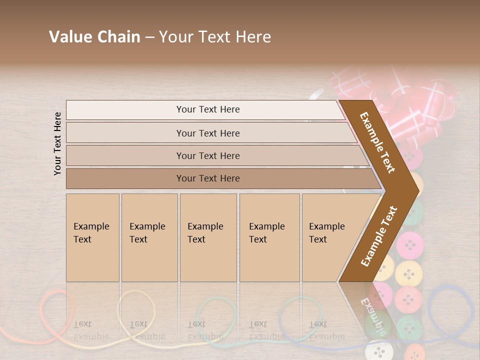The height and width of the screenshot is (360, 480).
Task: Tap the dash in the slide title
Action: [149, 37]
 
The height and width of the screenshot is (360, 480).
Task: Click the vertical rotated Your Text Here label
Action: [57, 143]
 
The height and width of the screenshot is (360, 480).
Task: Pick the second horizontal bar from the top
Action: [207, 133]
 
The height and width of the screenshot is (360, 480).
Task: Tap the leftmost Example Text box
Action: [92, 237]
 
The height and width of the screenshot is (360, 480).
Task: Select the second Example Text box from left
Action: [149, 237]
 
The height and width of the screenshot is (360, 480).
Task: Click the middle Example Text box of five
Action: [208, 237]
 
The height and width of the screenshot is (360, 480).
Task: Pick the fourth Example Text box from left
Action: [269, 237]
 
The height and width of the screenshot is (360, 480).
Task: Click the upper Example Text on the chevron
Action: [378, 142]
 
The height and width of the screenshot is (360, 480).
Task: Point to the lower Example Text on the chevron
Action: [379, 236]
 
